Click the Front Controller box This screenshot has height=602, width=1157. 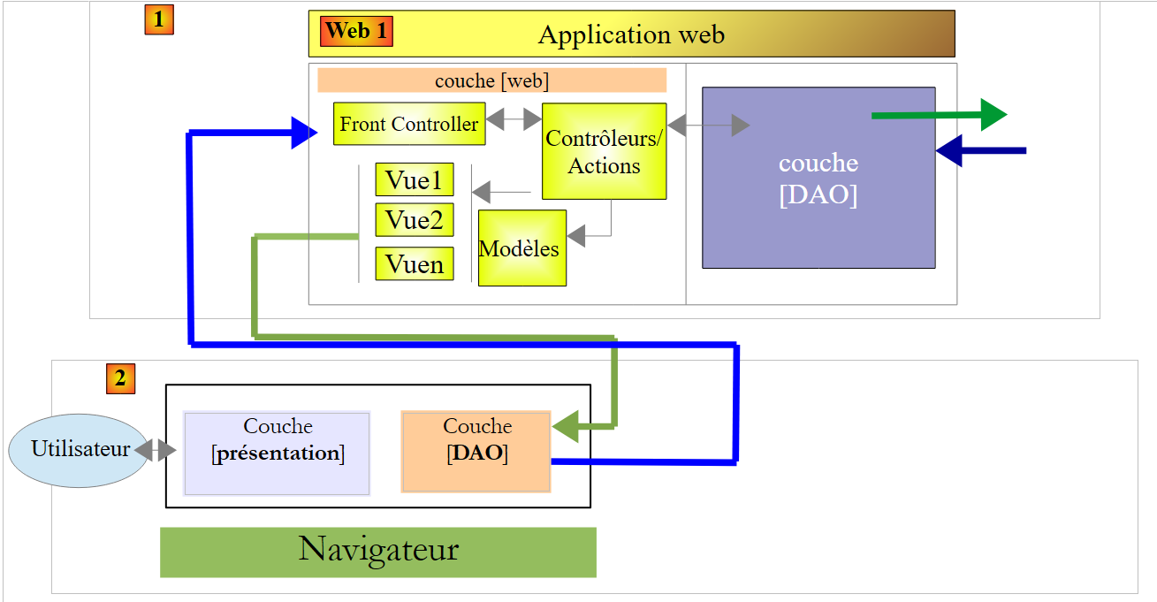[x=409, y=124]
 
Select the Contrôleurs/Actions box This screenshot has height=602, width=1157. [x=604, y=151]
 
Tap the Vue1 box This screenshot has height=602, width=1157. [x=415, y=179]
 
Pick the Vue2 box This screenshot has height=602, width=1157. [x=415, y=219]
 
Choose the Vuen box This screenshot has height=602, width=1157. [x=415, y=263]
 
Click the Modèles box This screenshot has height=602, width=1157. [x=521, y=248]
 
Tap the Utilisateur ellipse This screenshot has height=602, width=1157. [x=79, y=449]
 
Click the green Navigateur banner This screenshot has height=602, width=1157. [x=377, y=552]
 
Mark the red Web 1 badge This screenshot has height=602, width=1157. [x=356, y=31]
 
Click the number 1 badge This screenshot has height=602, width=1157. [x=159, y=19]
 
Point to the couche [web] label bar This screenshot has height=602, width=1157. [x=491, y=80]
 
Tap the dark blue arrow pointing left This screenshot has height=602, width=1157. [x=980, y=151]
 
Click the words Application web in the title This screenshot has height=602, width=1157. [x=631, y=34]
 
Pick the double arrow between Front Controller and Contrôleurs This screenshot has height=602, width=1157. [x=514, y=118]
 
